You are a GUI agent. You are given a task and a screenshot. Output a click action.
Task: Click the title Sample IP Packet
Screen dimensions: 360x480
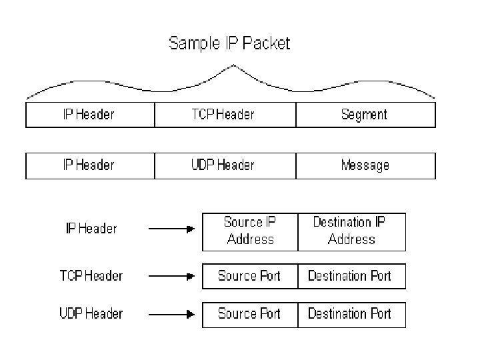(229, 44)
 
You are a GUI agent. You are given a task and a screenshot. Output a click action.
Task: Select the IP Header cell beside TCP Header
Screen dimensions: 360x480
(89, 115)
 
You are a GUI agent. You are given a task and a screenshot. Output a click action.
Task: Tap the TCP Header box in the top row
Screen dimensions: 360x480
(225, 115)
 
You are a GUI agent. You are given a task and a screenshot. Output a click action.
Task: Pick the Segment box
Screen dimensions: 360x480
(365, 115)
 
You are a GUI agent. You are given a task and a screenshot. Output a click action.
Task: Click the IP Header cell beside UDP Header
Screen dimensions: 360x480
(89, 165)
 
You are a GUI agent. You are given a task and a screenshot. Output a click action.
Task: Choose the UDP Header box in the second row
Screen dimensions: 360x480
(225, 165)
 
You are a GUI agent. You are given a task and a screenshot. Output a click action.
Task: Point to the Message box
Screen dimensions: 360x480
(365, 165)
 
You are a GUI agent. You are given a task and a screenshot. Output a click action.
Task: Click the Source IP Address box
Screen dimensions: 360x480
(250, 231)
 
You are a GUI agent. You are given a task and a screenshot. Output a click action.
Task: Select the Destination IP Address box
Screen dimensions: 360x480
(351, 231)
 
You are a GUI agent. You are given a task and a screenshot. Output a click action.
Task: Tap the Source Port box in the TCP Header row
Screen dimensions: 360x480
(250, 276)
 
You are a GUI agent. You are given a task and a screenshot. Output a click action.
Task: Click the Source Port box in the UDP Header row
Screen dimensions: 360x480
(250, 313)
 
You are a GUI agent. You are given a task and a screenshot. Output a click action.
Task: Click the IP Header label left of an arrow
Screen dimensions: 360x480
(91, 229)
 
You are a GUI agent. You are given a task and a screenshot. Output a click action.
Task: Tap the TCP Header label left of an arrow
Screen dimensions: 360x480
(91, 275)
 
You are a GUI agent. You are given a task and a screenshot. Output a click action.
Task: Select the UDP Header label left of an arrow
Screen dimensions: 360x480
(91, 313)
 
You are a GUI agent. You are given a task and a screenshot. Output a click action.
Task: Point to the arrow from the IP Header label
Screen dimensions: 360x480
(171, 229)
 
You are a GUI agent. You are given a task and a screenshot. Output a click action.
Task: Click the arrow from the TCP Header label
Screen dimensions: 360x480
(171, 276)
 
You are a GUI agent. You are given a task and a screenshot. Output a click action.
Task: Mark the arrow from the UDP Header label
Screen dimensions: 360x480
(171, 313)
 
